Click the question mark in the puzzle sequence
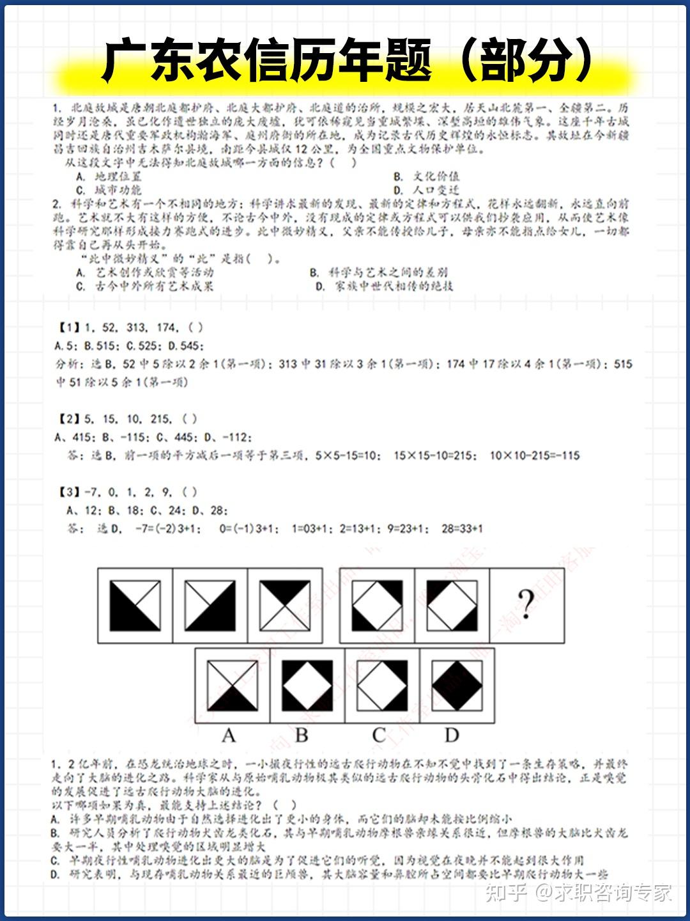(x=526, y=604)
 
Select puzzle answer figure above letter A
(x=233, y=686)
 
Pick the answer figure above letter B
(x=307, y=686)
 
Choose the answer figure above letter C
(x=382, y=686)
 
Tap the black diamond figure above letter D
(x=457, y=686)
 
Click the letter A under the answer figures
(x=229, y=736)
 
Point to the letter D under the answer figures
(x=452, y=736)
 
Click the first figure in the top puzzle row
(x=135, y=605)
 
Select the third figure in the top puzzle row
(x=285, y=605)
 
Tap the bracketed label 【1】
(x=70, y=327)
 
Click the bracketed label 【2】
(x=70, y=419)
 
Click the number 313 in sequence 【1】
(x=136, y=327)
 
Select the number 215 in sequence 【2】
(x=161, y=419)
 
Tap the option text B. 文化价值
(x=426, y=176)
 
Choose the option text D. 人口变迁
(x=426, y=190)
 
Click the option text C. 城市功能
(x=109, y=190)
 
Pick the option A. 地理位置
(x=109, y=176)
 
